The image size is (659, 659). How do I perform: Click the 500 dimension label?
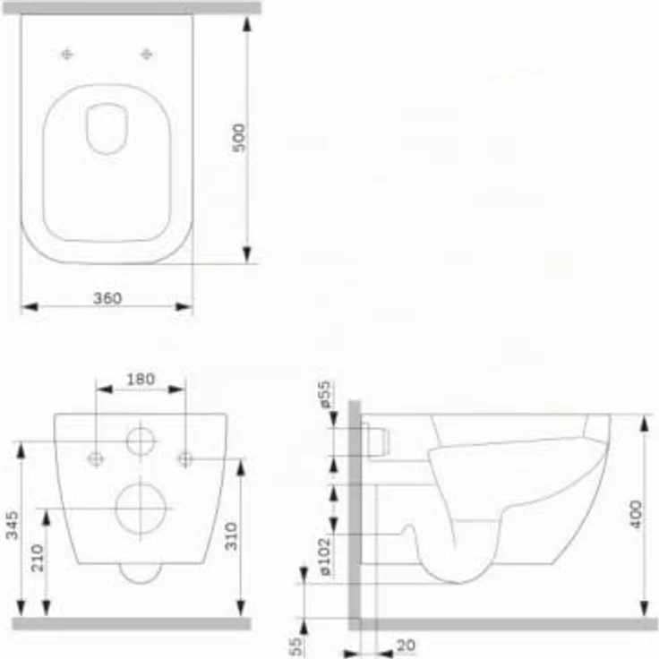tap(239, 138)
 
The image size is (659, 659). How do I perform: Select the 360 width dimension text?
tap(107, 298)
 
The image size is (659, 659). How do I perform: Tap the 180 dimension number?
tap(141, 379)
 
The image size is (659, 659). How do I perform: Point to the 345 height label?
tap(13, 525)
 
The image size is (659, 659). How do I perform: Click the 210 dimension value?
tap(38, 558)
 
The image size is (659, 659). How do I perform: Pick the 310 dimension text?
tap(231, 535)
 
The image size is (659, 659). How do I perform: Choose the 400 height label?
tap(636, 514)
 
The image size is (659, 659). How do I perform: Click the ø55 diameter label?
tap(325, 394)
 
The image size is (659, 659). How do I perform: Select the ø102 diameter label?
tap(325, 556)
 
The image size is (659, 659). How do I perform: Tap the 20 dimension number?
tap(406, 645)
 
